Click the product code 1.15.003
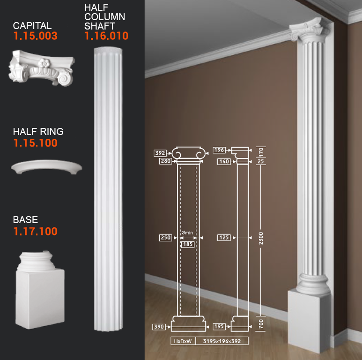click(35, 36)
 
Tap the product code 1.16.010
click(106, 36)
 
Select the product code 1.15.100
click(35, 143)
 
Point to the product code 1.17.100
click(35, 231)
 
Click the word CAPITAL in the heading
click(32, 26)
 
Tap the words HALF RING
click(38, 132)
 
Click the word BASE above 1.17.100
click(25, 220)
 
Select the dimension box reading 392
click(160, 153)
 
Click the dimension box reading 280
click(166, 161)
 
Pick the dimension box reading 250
click(166, 238)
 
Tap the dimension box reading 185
click(188, 245)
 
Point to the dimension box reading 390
click(159, 327)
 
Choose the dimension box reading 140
click(224, 162)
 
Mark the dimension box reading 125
click(224, 238)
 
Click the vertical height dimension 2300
click(261, 239)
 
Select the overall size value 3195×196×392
click(222, 341)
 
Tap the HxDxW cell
click(183, 341)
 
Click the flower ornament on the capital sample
click(44, 63)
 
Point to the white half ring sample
click(47, 166)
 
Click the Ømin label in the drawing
click(187, 232)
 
